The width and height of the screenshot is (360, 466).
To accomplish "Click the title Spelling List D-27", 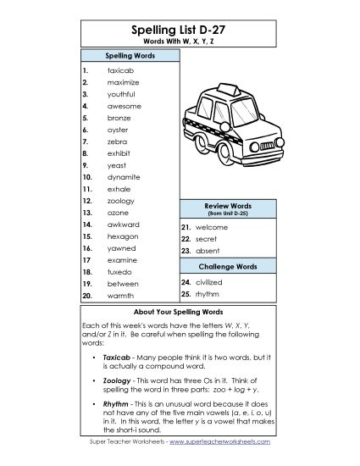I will click(x=180, y=29).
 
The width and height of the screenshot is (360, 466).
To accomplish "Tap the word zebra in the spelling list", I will click(x=117, y=141).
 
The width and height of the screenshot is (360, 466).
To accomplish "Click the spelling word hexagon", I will click(x=122, y=236).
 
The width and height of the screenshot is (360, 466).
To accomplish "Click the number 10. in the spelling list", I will click(x=87, y=177).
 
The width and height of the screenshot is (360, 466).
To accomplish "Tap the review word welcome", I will click(x=211, y=228).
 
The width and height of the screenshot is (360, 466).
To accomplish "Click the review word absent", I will click(x=208, y=252).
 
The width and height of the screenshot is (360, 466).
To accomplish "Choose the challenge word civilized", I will click(x=208, y=282).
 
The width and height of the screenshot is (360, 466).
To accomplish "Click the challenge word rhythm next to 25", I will click(x=207, y=294).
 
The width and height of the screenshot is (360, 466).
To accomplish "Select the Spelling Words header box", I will click(x=129, y=54).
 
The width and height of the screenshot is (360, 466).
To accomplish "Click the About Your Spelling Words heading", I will click(x=180, y=312).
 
